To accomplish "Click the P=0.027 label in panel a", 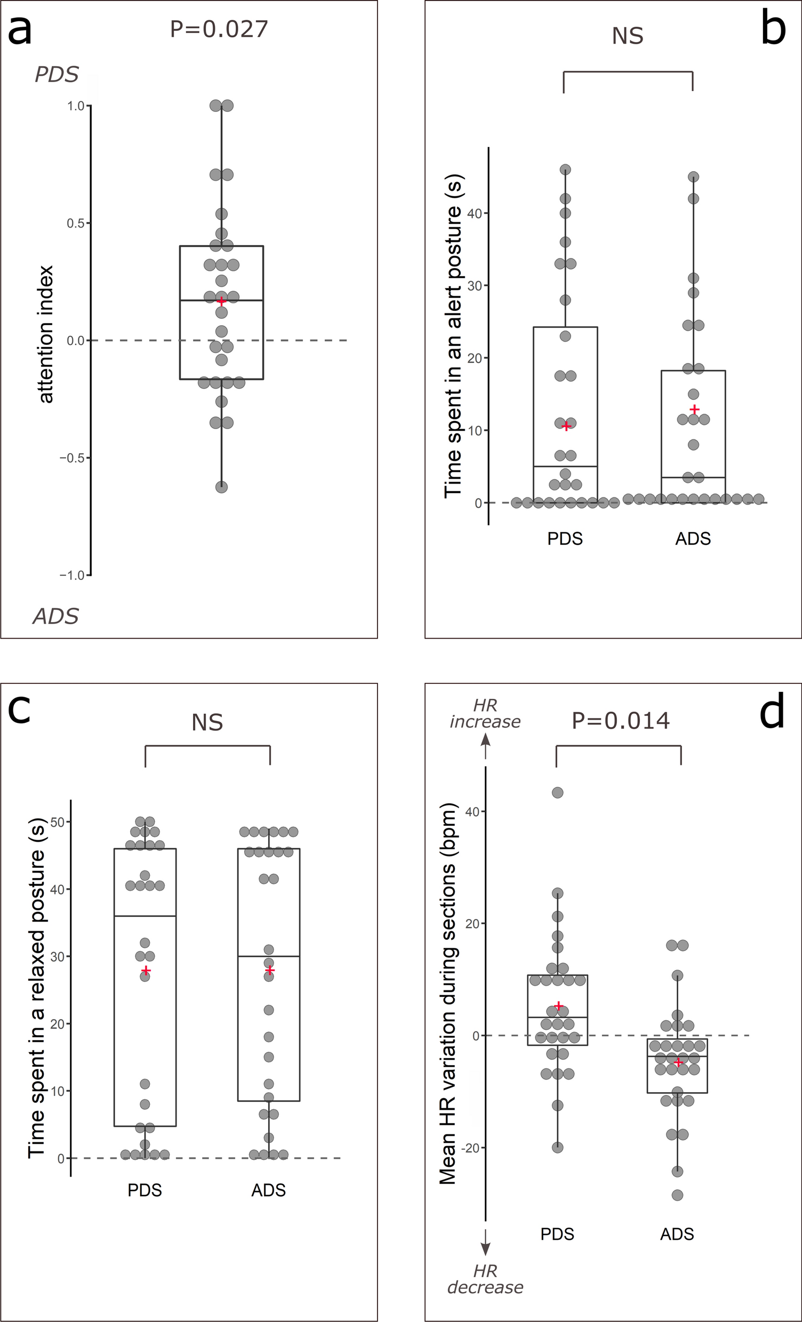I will pos(219,29).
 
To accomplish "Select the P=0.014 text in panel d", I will pos(621,721).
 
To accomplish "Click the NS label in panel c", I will pos(207,723).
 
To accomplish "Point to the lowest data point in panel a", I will pos(222,487).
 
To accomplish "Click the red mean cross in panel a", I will pos(222,302).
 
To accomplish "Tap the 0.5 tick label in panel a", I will pos(75,223).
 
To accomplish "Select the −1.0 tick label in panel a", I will pos(72,575).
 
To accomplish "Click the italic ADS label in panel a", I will pos(56,616).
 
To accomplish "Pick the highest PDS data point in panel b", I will pos(565,170).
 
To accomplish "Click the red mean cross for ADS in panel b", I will pos(695,409).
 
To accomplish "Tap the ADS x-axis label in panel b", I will pos(693,539).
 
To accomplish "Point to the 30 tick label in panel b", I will pos(475,285).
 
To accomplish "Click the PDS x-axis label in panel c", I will pos(145,1190).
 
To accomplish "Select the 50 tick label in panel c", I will pos(57,822).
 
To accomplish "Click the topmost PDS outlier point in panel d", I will pos(558,793).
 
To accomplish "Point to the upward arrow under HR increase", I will pos(485,746).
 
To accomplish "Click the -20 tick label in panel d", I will pos(472,1148).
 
